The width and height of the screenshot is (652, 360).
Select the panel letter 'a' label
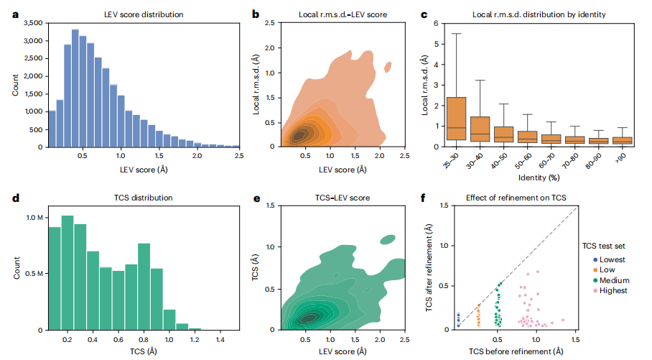tap(7, 11)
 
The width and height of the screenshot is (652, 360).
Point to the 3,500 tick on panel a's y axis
tap(32, 23)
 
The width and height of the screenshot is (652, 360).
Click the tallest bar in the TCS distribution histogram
tap(67, 273)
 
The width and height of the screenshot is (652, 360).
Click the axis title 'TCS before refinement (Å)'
tap(516, 351)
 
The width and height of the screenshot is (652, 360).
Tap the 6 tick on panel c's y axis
tap(437, 23)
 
